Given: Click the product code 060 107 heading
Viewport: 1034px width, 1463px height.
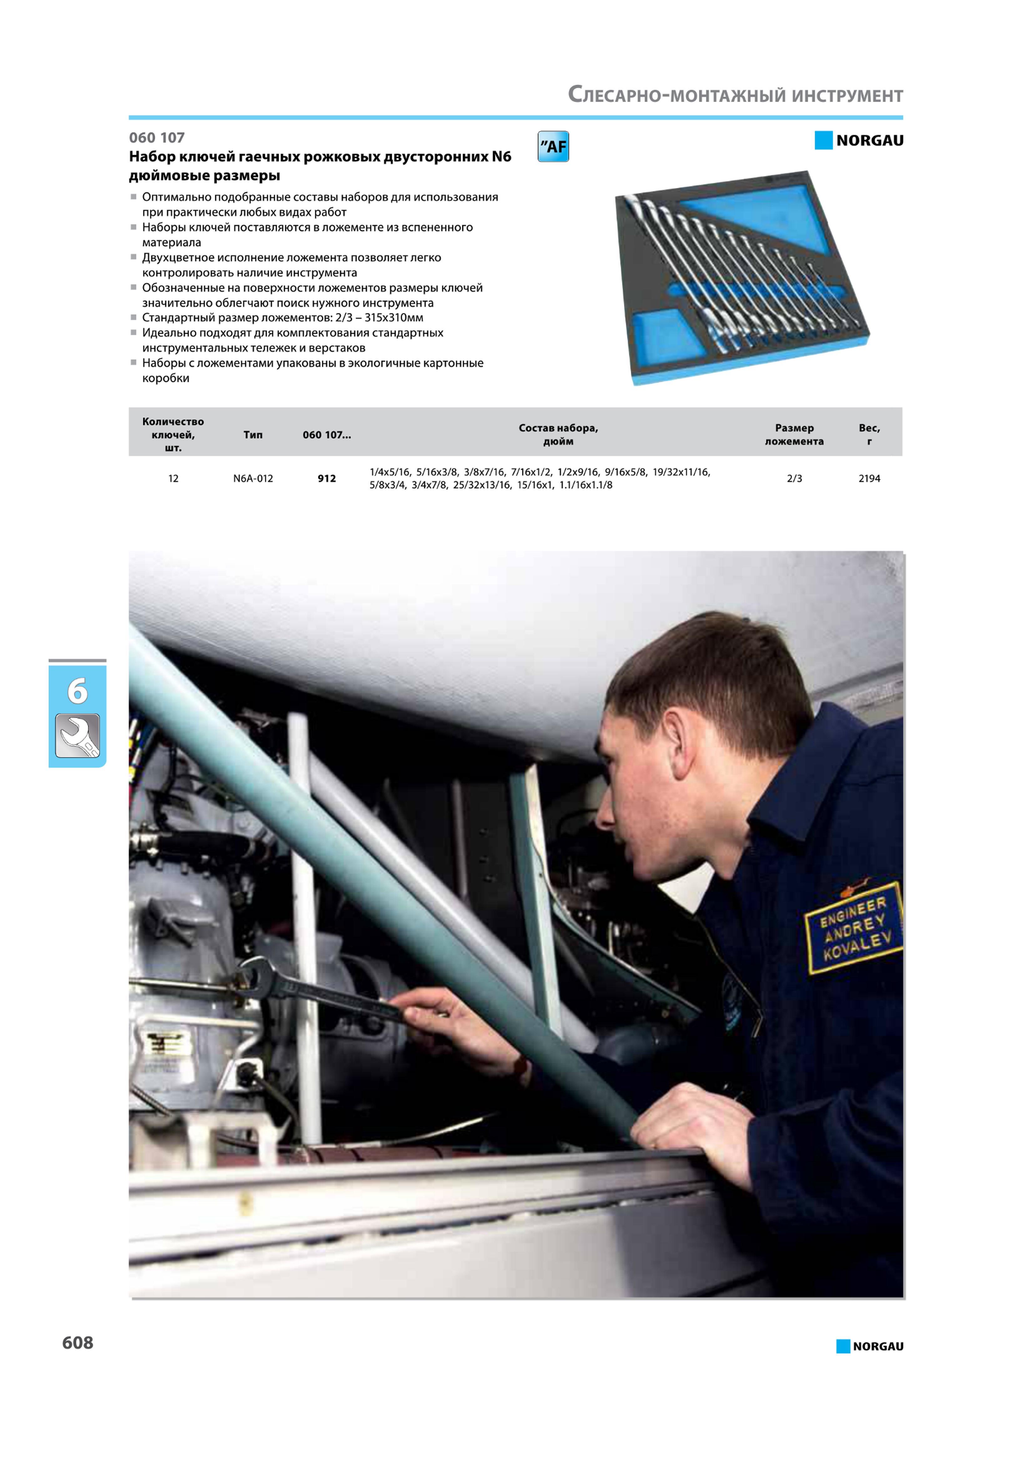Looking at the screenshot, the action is point(157,138).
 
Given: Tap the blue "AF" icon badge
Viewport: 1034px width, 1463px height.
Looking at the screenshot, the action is point(553,147).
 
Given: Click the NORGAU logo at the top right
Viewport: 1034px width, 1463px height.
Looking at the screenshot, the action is point(859,140).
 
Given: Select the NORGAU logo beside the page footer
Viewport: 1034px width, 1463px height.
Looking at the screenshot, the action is point(869,1346).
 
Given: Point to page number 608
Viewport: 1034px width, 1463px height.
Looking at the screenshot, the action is point(78,1343).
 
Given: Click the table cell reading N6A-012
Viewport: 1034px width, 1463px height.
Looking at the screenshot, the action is point(253,478).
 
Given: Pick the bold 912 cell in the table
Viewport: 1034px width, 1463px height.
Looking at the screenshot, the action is point(327,478).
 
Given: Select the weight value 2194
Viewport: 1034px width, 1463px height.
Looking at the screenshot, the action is point(869,478).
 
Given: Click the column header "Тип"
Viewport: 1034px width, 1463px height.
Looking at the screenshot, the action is point(253,435).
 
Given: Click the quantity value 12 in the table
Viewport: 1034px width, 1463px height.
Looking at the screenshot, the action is point(173,478).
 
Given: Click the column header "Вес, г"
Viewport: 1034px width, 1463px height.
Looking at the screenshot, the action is point(869,435).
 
